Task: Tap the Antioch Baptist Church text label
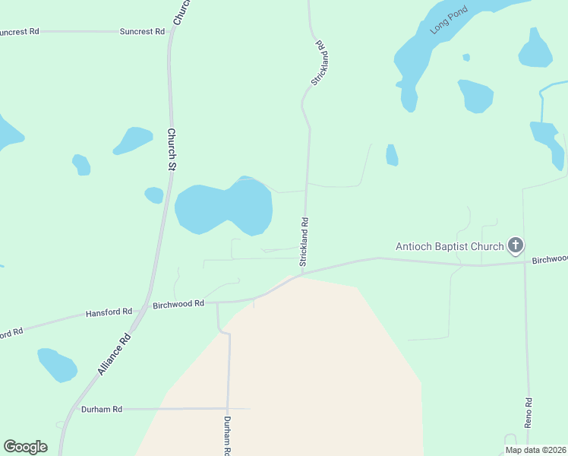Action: (450, 246)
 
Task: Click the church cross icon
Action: (516, 245)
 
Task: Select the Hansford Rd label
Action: (109, 312)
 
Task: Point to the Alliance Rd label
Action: (115, 355)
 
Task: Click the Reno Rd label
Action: (529, 410)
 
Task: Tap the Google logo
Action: (25, 447)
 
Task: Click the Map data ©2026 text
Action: (535, 450)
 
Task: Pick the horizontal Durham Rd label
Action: (102, 409)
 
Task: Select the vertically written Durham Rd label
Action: (226, 435)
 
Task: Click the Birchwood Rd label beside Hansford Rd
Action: (178, 303)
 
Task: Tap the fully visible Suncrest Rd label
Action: (143, 32)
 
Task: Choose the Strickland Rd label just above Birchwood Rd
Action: (305, 242)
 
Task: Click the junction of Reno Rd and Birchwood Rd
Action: (525, 262)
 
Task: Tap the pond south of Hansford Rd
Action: (58, 364)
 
